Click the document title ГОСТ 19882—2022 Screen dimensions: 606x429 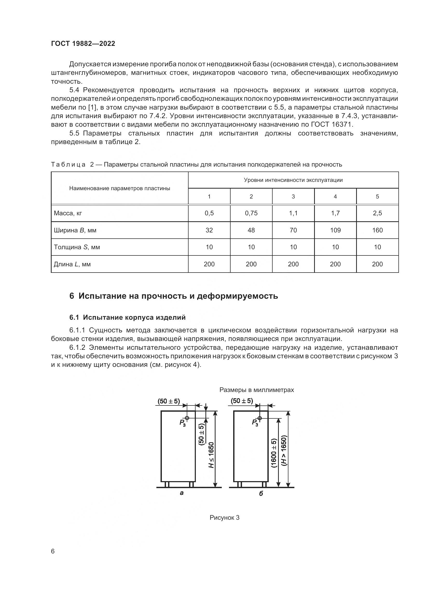pos(83,44)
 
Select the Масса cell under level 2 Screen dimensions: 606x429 pos(251,213)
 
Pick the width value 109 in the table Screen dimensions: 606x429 pos(335,230)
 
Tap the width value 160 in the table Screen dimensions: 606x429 pos(377,230)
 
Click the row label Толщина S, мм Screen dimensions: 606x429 pos(77,247)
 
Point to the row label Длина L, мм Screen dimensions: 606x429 pos(72,264)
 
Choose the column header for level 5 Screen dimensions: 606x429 pos(377,196)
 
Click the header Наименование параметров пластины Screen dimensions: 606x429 pos(119,188)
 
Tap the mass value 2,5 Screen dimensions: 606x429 pos(377,213)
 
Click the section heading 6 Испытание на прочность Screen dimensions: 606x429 pos(174,296)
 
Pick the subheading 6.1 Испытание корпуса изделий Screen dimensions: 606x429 pos(127,317)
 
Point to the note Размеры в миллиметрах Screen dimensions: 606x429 pos(257,390)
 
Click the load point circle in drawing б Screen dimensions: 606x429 pos(260,418)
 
